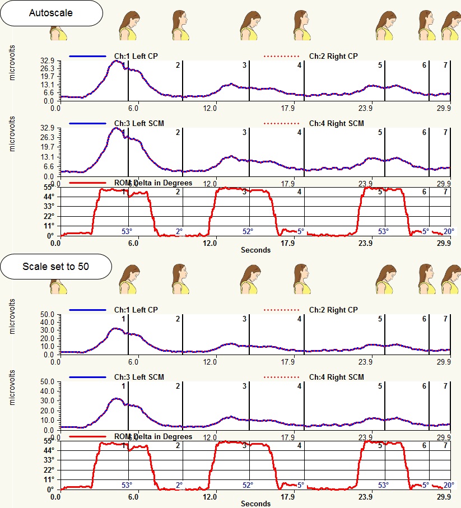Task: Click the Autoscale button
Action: (x=51, y=13)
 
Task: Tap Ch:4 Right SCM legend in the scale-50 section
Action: (x=336, y=377)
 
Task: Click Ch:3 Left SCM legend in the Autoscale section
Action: (x=139, y=123)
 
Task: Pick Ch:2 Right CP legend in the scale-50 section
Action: (x=333, y=310)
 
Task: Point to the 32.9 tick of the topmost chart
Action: (x=46, y=61)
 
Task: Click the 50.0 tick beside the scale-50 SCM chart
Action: (x=46, y=382)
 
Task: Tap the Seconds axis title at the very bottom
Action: (x=255, y=504)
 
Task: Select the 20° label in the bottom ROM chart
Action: (x=449, y=485)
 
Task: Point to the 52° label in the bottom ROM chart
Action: (x=248, y=485)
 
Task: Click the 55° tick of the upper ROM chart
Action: (x=49, y=188)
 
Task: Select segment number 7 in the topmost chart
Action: (x=445, y=66)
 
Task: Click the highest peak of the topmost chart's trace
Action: (x=116, y=60)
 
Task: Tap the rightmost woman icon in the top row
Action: (x=450, y=26)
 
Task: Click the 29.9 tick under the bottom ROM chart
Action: (x=444, y=497)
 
